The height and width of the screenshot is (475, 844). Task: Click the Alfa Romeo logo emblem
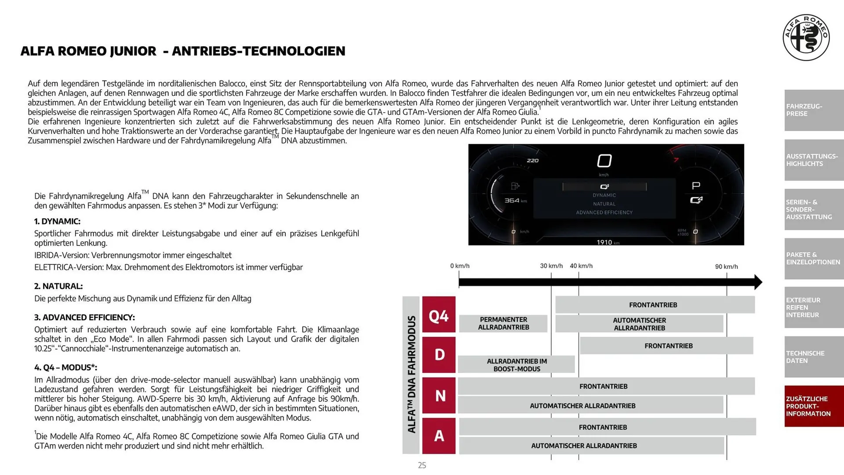[x=806, y=37]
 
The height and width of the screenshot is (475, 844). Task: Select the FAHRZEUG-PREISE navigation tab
[x=814, y=110]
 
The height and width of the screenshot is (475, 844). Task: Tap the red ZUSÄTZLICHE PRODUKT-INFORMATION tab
[x=814, y=406]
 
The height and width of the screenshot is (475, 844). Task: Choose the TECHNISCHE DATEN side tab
[x=814, y=357]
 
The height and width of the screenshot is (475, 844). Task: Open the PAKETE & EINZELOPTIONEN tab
[x=814, y=258]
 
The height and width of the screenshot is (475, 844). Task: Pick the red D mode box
[x=439, y=354]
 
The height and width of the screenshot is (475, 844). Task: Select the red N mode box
[x=439, y=395]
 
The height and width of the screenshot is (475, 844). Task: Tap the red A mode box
[x=439, y=435]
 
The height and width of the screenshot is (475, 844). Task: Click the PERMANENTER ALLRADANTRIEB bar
[x=503, y=323]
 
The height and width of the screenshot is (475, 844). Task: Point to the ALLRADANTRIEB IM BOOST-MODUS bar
[x=517, y=365]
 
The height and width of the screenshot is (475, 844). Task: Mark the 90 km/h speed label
[x=726, y=267]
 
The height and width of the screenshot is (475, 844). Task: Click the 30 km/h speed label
[x=551, y=266]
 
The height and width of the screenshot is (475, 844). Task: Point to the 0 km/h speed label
[x=460, y=266]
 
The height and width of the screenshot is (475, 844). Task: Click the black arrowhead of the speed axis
[x=758, y=282]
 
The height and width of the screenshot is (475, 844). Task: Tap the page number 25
[x=422, y=465]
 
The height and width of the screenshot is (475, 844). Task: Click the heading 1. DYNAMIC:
[x=57, y=221]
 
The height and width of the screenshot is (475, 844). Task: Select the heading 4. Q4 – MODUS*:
[x=65, y=367]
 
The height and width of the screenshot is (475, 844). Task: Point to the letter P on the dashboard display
[x=696, y=186]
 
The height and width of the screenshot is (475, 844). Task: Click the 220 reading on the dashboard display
[x=532, y=161]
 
